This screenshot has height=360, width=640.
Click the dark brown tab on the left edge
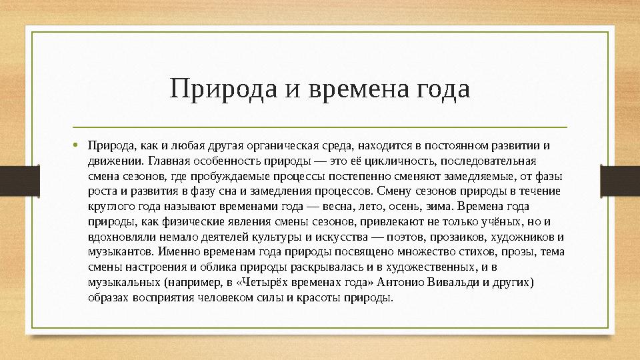12,179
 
